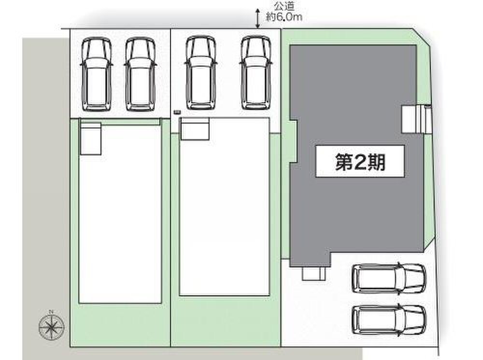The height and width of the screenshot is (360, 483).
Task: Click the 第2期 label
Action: [x=360, y=163]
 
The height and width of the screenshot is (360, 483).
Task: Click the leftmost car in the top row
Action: [x=97, y=74]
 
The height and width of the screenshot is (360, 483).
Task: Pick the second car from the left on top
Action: [x=140, y=74]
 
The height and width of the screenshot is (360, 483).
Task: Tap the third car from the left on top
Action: [x=200, y=74]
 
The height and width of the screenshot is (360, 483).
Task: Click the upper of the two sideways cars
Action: [x=389, y=278]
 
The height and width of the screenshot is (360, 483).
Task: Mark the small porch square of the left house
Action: [x=90, y=138]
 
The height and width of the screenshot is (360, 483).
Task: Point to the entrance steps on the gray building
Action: [x=415, y=118]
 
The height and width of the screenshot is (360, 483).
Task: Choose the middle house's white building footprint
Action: [x=224, y=212]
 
